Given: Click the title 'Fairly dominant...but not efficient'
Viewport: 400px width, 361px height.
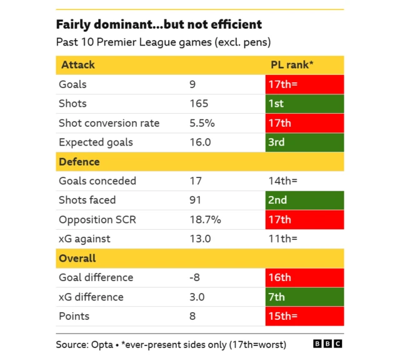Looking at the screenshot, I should [x=159, y=24].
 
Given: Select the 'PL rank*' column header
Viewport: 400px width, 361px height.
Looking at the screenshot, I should [x=292, y=65].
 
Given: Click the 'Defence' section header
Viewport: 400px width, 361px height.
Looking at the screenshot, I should [x=79, y=162].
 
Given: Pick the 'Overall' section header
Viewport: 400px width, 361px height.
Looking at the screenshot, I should [x=77, y=258].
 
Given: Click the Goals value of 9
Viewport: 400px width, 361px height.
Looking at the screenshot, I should [x=192, y=84].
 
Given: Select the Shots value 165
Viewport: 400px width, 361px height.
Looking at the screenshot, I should [x=199, y=104].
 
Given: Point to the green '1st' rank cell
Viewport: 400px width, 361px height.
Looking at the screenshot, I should [x=304, y=104].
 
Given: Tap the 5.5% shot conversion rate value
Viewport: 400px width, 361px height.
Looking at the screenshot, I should [x=202, y=123].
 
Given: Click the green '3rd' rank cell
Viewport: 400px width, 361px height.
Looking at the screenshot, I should [x=304, y=142].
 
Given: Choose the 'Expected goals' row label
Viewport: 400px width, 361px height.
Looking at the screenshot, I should [x=96, y=142].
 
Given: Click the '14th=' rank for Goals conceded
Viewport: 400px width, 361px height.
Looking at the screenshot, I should [x=282, y=181].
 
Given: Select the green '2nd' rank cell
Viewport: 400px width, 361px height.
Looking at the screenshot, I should [x=304, y=200].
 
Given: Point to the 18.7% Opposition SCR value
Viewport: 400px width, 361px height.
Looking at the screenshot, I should [x=205, y=220].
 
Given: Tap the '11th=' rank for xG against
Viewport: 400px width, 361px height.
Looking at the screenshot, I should [x=282, y=239].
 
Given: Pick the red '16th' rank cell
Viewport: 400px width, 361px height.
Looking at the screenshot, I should [x=304, y=277].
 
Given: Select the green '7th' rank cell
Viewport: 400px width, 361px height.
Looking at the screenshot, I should [x=304, y=297].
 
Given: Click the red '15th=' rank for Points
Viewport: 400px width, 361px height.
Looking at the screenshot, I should [x=304, y=316].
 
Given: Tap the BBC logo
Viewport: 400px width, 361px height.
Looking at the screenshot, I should [x=327, y=344].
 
